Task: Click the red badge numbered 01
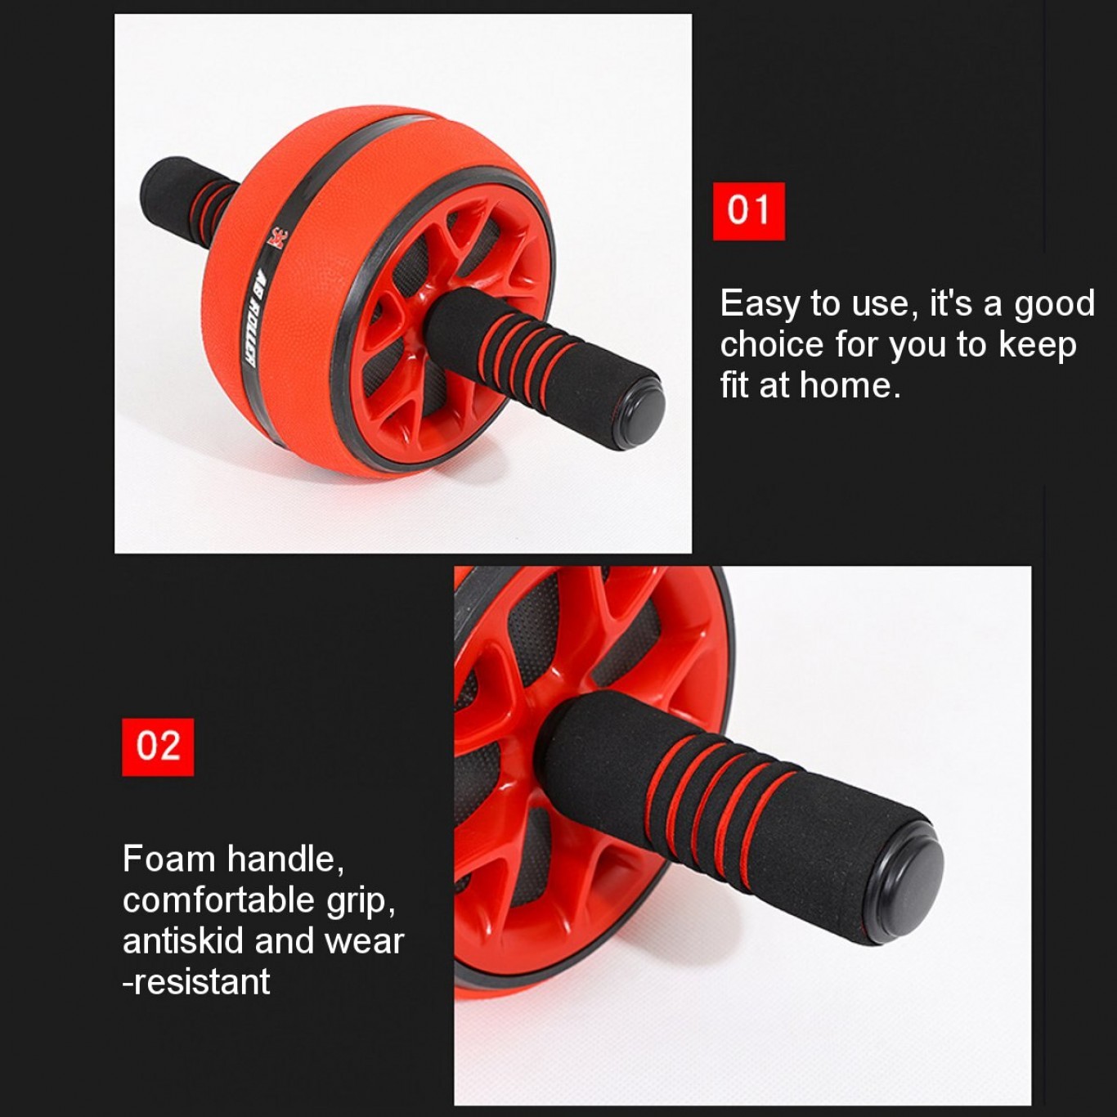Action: (748, 211)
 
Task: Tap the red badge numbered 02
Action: (158, 747)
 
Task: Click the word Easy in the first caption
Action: (760, 304)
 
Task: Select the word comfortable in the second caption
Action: (218, 900)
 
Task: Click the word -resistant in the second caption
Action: (196, 982)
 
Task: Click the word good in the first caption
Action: (1054, 304)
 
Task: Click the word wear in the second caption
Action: (364, 941)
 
